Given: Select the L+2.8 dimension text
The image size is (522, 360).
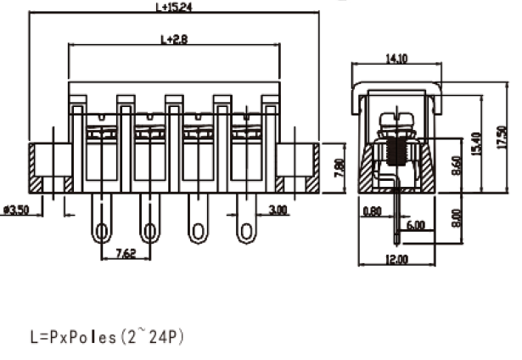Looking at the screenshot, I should tap(175, 39).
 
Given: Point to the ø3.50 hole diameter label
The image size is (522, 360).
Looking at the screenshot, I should tap(18, 209).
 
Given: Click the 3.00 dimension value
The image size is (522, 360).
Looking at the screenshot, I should tap(278, 209).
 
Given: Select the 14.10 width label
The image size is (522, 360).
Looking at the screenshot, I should tap(397, 59).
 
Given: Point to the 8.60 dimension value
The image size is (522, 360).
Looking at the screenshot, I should tap(457, 160).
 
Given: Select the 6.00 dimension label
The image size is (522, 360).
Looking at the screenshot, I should tap(417, 226).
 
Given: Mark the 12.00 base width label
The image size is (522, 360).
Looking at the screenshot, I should tap(396, 259).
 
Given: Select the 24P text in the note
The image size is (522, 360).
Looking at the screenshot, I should tap(166, 337).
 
